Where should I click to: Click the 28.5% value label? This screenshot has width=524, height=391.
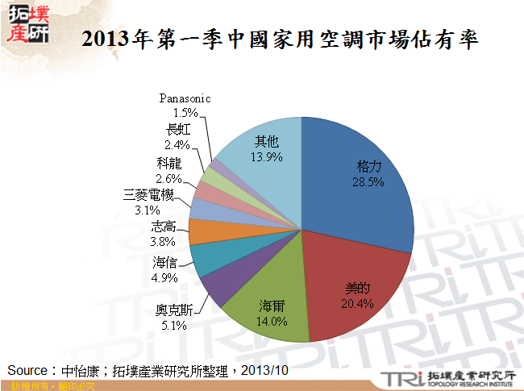coord(369,182)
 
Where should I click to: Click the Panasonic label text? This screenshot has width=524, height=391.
coord(185,98)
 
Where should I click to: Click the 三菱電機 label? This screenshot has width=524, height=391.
coord(148,195)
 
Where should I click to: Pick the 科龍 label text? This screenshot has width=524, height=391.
coord(170,164)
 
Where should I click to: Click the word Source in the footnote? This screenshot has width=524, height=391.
coord(29,370)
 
